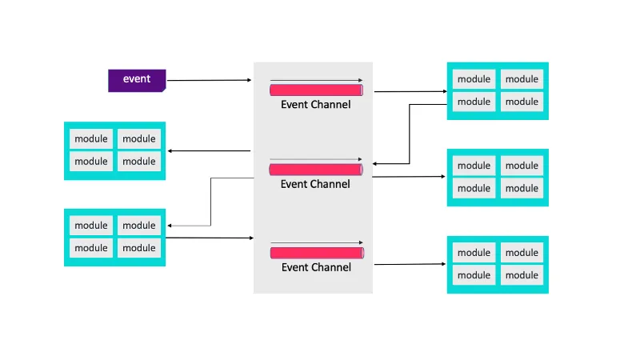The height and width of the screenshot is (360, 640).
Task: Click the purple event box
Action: click(137, 81)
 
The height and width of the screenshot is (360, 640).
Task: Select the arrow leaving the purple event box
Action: click(210, 80)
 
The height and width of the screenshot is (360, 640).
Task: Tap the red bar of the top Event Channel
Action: click(316, 90)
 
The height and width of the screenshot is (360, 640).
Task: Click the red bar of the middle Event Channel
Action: click(316, 170)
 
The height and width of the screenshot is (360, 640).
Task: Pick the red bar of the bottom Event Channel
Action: click(317, 253)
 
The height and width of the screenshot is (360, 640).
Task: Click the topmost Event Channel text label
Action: click(315, 105)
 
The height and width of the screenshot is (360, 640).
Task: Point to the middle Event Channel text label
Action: click(315, 184)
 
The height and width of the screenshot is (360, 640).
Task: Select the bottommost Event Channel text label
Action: click(316, 267)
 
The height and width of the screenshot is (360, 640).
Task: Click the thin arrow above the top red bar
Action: click(316, 81)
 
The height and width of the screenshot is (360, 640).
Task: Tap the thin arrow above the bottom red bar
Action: click(317, 242)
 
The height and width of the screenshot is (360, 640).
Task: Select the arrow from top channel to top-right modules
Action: click(410, 91)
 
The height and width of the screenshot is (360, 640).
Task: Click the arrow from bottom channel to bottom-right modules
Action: click(410, 264)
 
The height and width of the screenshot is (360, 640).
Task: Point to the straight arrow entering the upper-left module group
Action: click(209, 151)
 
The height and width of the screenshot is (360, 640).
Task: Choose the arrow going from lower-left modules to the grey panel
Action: click(210, 238)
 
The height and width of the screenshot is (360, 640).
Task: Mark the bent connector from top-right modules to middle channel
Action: click(410, 134)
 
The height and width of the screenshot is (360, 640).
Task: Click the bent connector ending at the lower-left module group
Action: click(210, 202)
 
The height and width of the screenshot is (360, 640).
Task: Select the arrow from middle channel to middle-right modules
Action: click(409, 176)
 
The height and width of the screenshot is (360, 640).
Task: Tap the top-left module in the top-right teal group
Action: click(474, 79)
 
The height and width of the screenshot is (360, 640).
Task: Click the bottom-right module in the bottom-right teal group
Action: click(522, 275)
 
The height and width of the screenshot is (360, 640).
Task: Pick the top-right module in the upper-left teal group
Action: click(139, 138)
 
